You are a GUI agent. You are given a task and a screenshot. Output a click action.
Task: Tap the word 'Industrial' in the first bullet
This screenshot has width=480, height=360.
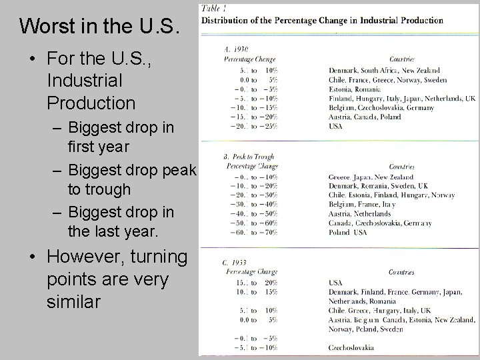click(x=85, y=81)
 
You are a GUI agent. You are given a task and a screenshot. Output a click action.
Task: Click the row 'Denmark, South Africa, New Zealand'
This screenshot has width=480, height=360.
click(x=385, y=69)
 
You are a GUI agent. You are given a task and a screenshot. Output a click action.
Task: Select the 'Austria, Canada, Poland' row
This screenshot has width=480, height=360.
click(x=365, y=117)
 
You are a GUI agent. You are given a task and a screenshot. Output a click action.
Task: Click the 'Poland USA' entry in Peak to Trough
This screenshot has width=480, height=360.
click(x=347, y=233)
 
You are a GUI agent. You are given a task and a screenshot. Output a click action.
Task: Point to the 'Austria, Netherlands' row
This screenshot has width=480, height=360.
click(x=360, y=214)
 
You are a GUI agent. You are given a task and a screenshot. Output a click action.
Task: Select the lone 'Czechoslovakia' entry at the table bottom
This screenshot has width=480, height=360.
click(x=351, y=347)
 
